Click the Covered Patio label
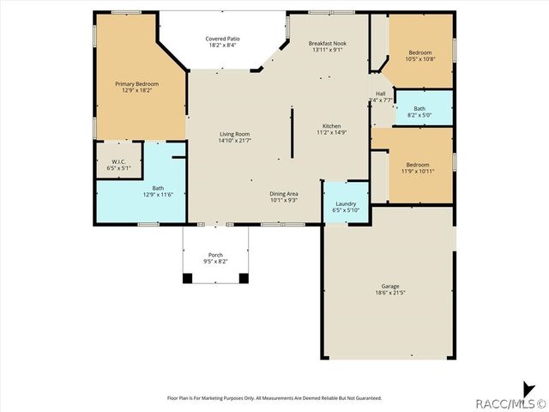(221, 39)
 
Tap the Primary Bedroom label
(137, 84)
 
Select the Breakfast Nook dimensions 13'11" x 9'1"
(327, 50)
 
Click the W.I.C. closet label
(119, 161)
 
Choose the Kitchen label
(331, 125)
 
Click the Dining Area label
(284, 193)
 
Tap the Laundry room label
(346, 203)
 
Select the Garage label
(390, 286)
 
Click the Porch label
(215, 255)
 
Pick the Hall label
(380, 93)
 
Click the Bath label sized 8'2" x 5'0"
(419, 109)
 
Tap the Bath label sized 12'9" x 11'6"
(158, 188)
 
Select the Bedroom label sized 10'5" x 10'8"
(419, 52)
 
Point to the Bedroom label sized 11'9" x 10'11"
(418, 164)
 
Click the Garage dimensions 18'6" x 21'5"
(390, 293)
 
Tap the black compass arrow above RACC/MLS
(528, 387)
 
